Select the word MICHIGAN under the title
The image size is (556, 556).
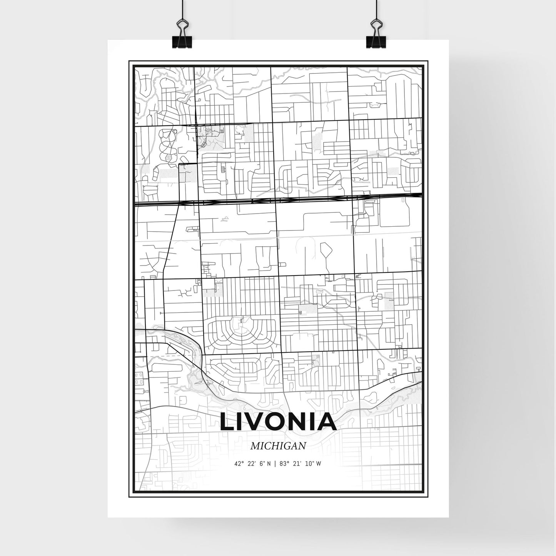click(x=278, y=446)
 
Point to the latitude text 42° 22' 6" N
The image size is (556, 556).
click(x=252, y=464)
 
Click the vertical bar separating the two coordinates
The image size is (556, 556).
click(x=274, y=464)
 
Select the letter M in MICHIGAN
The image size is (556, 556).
click(x=254, y=446)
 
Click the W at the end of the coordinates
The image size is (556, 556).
click(x=319, y=464)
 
